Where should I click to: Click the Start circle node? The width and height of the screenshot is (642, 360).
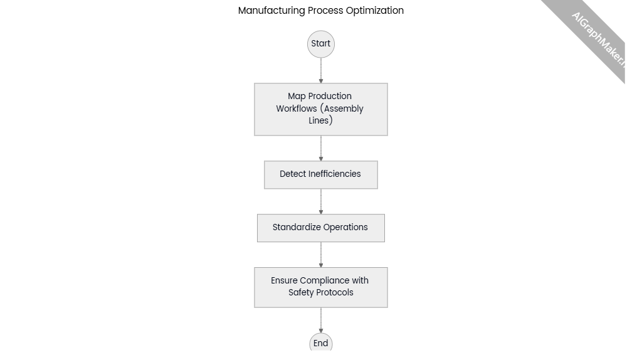pyautogui.click(x=321, y=44)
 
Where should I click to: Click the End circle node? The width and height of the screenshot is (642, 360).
pyautogui.click(x=321, y=343)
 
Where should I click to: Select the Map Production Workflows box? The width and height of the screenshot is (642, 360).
pyautogui.click(x=321, y=109)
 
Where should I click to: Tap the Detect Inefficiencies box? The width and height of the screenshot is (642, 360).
pyautogui.click(x=321, y=174)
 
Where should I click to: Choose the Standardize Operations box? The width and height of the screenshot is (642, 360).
pyautogui.click(x=321, y=228)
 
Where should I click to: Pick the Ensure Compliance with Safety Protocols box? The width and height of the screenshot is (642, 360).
pyautogui.click(x=321, y=287)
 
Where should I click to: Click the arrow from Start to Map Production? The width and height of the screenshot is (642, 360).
pyautogui.click(x=321, y=70)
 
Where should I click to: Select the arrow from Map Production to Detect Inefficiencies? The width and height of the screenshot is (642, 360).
pyautogui.click(x=321, y=148)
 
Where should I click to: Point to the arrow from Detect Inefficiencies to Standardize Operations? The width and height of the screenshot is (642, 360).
pyautogui.click(x=321, y=201)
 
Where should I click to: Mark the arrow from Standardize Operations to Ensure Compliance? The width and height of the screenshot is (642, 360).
pyautogui.click(x=321, y=255)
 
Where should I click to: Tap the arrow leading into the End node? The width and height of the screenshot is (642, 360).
pyautogui.click(x=321, y=320)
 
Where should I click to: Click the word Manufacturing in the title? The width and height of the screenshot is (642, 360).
pyautogui.click(x=271, y=11)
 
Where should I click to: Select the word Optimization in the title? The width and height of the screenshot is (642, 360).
pyautogui.click(x=375, y=11)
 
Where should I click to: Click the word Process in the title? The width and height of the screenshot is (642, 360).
pyautogui.click(x=325, y=11)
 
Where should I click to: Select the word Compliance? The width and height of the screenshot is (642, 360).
pyautogui.click(x=324, y=281)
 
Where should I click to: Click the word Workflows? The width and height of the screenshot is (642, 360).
pyautogui.click(x=297, y=109)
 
